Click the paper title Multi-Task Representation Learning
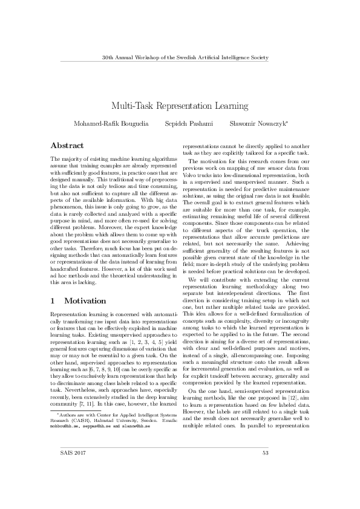click(x=180, y=105)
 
